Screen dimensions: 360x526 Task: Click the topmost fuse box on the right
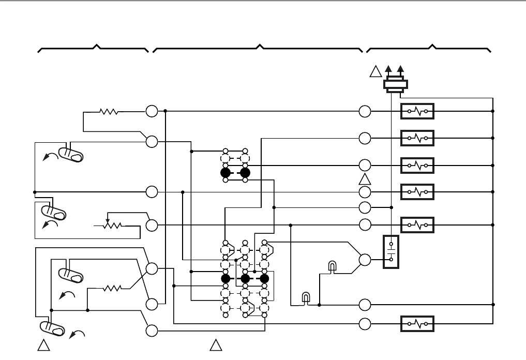click(417, 111)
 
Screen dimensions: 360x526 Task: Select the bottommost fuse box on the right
click(417, 324)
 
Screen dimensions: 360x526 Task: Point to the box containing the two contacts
click(392, 252)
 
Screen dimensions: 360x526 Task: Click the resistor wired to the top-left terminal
click(109, 111)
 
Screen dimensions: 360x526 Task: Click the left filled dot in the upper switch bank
click(226, 172)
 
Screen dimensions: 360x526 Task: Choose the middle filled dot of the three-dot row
click(245, 279)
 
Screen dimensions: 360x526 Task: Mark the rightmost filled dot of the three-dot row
click(264, 279)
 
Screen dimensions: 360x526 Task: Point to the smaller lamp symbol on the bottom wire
click(306, 298)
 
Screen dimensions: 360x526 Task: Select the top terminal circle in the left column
click(152, 111)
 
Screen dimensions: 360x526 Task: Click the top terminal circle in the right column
click(365, 111)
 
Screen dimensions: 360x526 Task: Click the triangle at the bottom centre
click(216, 345)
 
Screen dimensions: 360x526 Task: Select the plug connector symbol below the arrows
click(396, 85)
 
